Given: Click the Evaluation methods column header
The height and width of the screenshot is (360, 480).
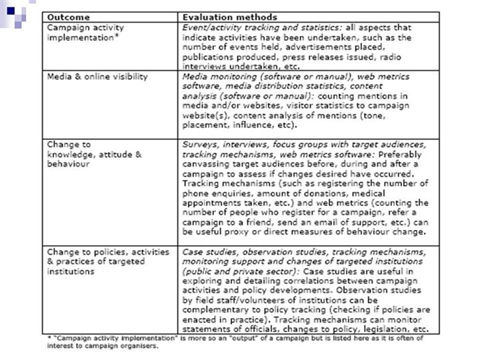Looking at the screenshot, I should [x=229, y=17].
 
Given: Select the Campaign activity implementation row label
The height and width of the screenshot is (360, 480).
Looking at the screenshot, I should [x=85, y=33].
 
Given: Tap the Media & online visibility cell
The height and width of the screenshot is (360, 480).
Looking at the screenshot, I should [x=97, y=77].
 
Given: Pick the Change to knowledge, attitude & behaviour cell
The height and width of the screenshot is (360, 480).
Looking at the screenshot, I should [x=94, y=154].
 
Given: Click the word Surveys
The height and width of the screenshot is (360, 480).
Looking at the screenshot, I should [x=201, y=145].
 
